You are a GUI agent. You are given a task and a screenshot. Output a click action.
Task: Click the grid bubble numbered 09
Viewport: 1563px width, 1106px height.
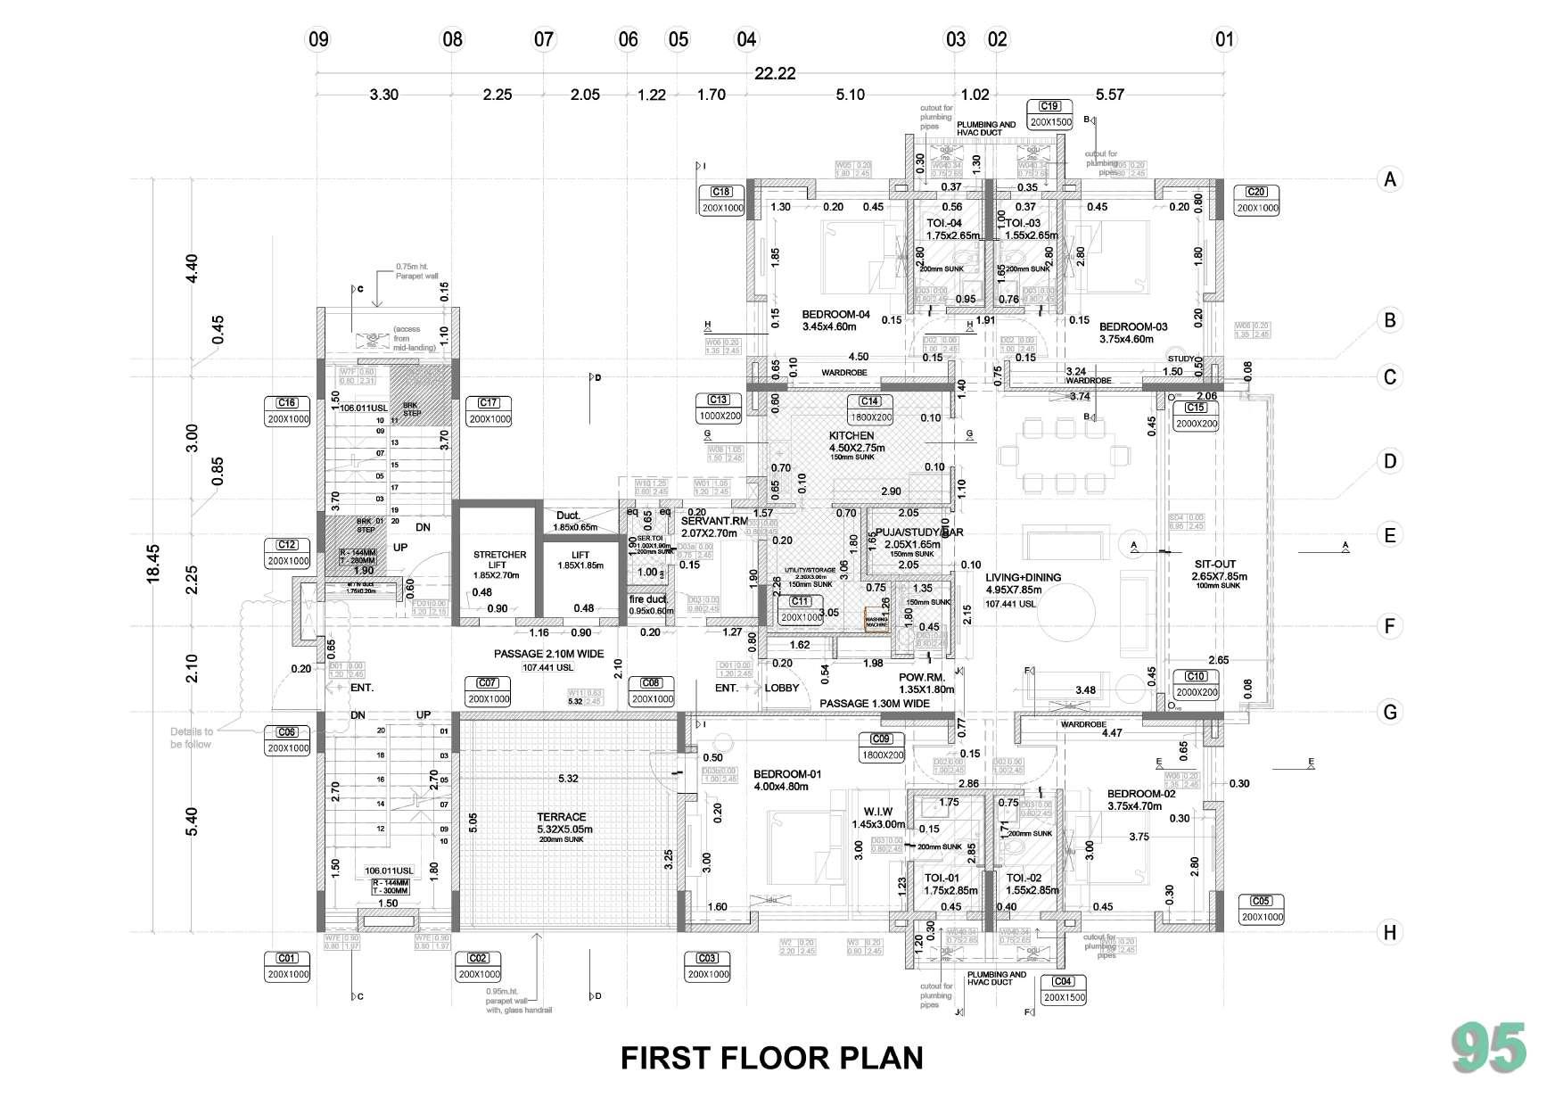[318, 39]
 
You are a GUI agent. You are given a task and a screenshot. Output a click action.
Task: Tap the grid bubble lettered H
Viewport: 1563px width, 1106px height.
[1389, 933]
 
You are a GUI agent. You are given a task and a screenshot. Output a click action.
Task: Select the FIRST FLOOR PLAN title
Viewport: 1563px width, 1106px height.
[772, 1058]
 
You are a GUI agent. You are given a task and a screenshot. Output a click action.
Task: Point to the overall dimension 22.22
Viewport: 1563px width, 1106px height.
[775, 74]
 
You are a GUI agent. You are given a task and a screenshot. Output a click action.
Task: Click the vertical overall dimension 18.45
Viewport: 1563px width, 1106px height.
[152, 565]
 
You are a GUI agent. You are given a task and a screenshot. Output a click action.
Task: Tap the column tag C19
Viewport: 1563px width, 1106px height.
[1049, 106]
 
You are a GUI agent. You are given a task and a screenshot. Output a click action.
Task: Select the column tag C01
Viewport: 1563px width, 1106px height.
[286, 958]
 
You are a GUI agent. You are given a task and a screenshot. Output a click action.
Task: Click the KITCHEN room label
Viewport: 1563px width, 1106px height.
[851, 436]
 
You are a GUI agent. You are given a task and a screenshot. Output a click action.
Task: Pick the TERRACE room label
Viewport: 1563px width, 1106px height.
[562, 817]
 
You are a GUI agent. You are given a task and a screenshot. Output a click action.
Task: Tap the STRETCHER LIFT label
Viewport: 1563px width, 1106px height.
[499, 559]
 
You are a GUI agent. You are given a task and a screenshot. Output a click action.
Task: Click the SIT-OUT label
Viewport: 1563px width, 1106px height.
[1215, 565]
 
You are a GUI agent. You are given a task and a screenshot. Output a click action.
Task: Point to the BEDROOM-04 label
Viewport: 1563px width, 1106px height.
[835, 315]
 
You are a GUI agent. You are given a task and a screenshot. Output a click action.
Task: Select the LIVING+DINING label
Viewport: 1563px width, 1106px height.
[1024, 577]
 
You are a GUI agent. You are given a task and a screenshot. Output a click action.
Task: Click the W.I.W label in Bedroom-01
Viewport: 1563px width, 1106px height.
[877, 812]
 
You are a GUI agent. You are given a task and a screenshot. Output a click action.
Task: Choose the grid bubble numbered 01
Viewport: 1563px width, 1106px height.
[1224, 39]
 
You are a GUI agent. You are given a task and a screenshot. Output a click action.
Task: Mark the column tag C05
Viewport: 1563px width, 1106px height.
[1262, 901]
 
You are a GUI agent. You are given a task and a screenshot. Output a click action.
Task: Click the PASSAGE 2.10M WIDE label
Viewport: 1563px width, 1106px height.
[548, 654]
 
